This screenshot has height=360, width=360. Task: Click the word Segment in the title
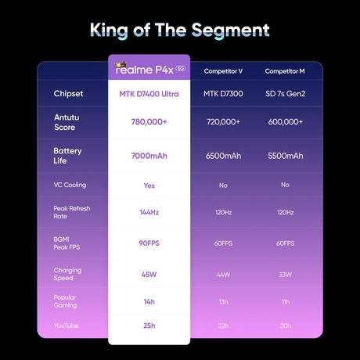[x=230, y=31]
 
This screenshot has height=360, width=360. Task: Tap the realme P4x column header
[x=150, y=69]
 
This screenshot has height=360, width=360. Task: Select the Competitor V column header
[x=223, y=71]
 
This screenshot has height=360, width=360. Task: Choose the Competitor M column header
[x=285, y=71]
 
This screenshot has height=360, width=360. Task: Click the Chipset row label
[x=68, y=94]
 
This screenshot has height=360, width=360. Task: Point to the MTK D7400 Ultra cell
[x=149, y=94]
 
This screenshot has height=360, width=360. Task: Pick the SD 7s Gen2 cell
[x=286, y=94]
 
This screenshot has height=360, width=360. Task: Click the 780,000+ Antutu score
[x=149, y=122]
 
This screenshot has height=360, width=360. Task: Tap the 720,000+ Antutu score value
[x=223, y=122]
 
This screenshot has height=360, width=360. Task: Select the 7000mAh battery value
[x=149, y=156]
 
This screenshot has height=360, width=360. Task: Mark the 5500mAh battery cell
[x=286, y=156]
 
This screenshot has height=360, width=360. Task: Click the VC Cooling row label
[x=70, y=185]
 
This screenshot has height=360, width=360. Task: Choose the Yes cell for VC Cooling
[x=149, y=185]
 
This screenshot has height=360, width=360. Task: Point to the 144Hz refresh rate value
[x=149, y=212]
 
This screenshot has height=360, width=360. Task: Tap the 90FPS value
[x=149, y=243]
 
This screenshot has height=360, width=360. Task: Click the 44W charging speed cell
[x=223, y=275]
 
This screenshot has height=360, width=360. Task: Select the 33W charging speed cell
[x=285, y=275]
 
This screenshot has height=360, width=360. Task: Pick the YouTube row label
[x=67, y=326]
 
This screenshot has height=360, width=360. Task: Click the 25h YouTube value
[x=149, y=326]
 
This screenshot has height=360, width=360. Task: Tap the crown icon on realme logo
[x=121, y=65]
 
